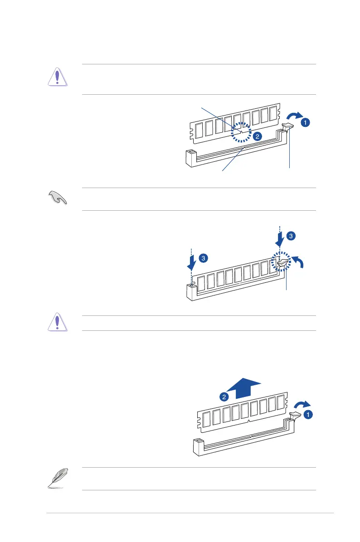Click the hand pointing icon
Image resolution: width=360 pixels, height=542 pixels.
(x=58, y=199)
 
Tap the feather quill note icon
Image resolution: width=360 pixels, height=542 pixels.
(x=58, y=479)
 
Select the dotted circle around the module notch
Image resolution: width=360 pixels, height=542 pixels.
(x=240, y=132)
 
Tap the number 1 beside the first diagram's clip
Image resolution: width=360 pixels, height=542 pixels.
(x=306, y=121)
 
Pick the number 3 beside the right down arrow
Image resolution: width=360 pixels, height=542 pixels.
(x=291, y=236)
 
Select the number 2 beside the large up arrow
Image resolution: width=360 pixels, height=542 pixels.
(x=224, y=397)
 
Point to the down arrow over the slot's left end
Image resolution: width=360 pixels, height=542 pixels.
(x=193, y=262)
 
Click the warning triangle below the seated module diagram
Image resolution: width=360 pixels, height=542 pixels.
(x=58, y=323)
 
